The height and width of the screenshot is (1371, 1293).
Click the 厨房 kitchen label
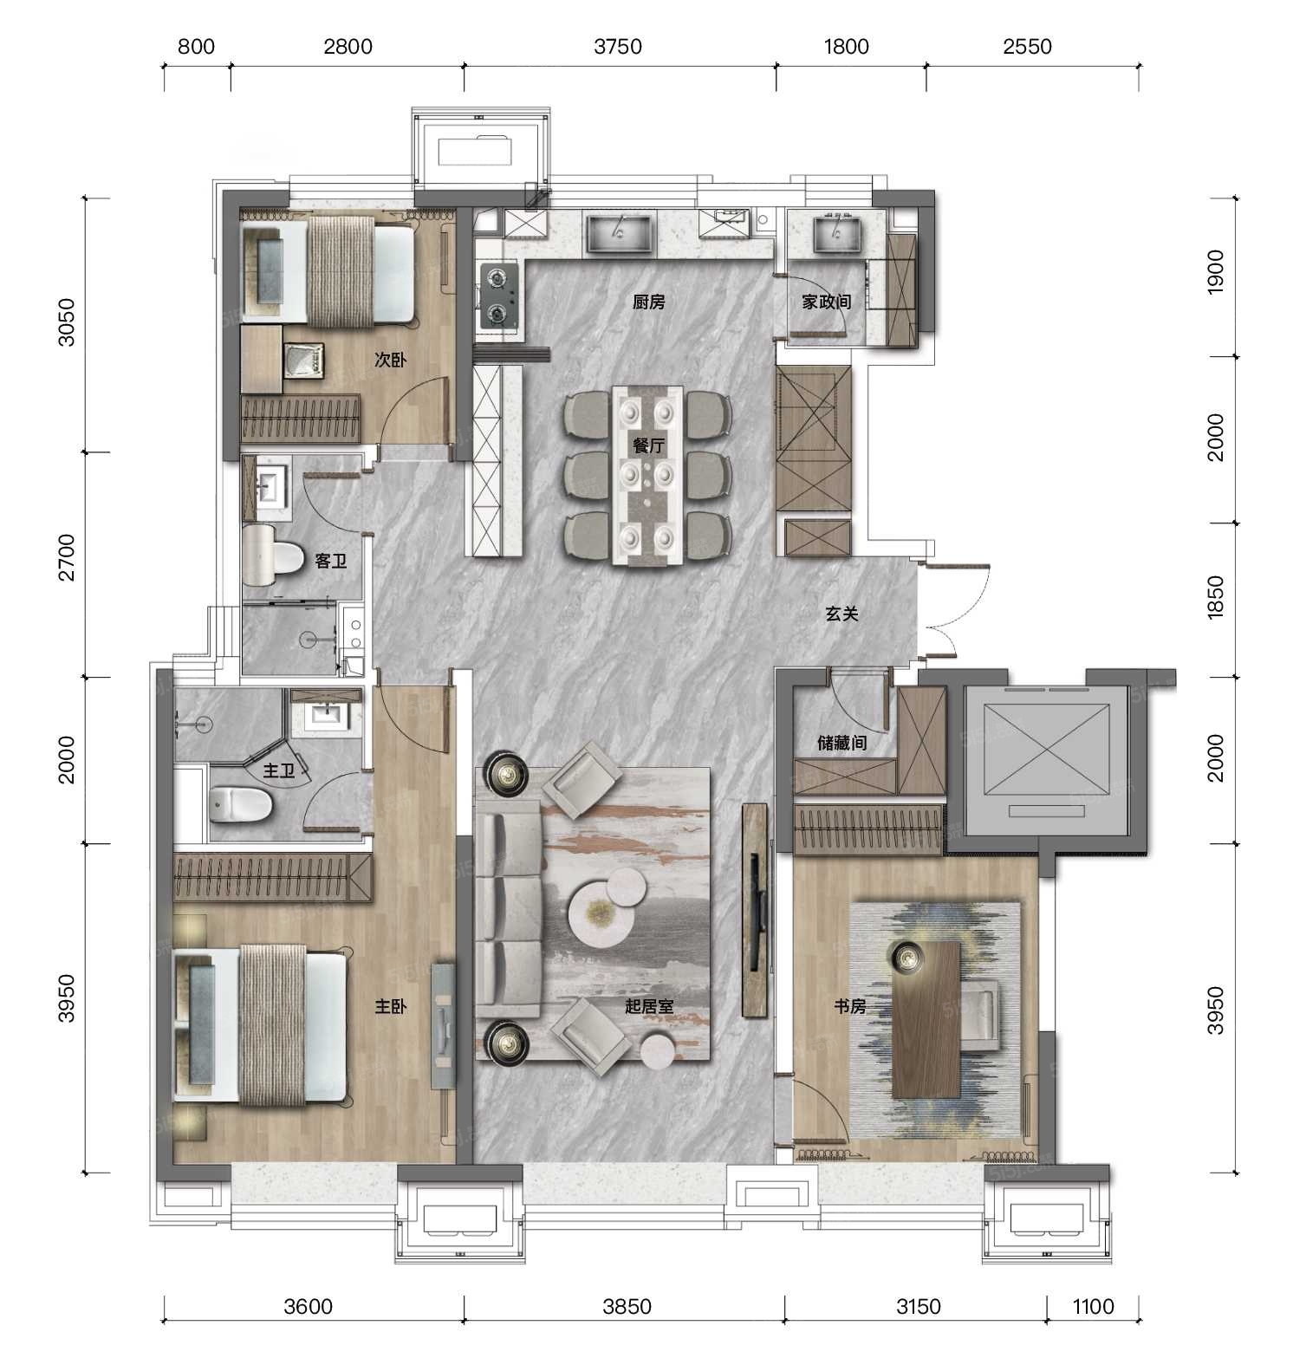coord(648,302)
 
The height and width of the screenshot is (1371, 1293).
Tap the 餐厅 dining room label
coord(648,446)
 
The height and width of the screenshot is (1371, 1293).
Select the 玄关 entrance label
coord(841,614)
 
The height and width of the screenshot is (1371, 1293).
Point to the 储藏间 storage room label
coord(842,744)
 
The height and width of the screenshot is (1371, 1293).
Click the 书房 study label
coord(850,1006)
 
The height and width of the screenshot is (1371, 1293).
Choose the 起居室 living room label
coord(650,1006)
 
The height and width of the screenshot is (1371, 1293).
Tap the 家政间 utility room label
coord(826,302)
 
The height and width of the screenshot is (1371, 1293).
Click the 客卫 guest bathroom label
coord(330,562)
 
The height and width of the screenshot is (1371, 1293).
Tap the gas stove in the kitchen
coord(499,296)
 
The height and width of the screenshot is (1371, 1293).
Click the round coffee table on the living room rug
coord(598,916)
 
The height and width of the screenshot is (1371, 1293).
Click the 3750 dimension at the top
coord(618,46)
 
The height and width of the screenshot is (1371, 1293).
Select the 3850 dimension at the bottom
coord(627,1306)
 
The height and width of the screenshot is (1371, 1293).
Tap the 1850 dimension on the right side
coord(1216,597)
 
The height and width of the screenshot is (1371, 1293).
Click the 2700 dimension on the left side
coord(67,558)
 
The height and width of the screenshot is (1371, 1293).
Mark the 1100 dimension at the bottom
coord(1093,1306)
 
